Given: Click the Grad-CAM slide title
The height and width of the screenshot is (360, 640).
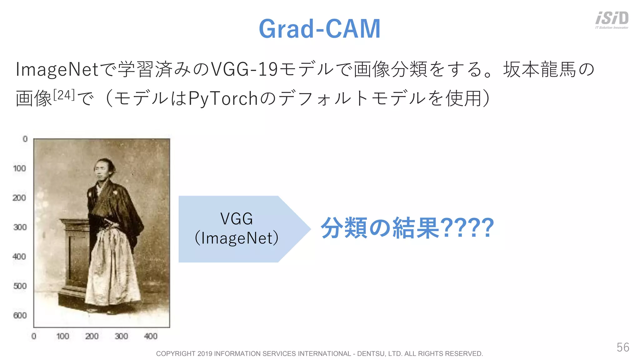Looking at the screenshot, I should point(319,29).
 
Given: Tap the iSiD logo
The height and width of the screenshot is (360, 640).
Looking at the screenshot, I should point(612,19).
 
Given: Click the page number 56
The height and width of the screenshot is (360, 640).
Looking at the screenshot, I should point(622,347).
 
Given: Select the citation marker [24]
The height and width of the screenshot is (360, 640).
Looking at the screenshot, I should point(64,95).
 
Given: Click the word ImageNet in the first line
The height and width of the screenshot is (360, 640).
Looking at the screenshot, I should point(57,69).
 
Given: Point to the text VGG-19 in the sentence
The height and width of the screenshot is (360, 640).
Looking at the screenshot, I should point(244,69).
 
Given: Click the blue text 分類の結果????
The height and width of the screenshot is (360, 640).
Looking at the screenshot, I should point(407,228).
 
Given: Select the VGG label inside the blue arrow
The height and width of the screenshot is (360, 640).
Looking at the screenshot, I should point(237,218).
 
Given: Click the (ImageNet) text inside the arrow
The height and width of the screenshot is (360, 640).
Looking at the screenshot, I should point(237,238).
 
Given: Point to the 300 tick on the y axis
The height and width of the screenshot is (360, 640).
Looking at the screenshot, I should point(20,227).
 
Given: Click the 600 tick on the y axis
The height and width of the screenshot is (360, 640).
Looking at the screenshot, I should point(20,315).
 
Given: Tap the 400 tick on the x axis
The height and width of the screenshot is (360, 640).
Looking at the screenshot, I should point(150,336).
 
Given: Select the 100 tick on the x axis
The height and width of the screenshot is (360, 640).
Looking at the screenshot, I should point(62,336).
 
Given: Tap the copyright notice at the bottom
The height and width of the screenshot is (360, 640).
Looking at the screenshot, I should point(319,354).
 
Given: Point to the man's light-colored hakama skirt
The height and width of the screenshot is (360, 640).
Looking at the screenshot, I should point(111,269).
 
